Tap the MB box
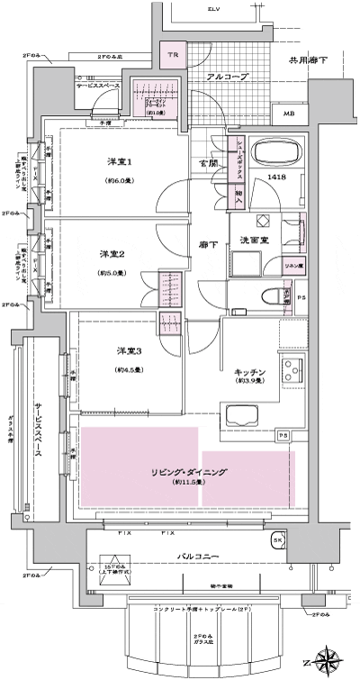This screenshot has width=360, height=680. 287,114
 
